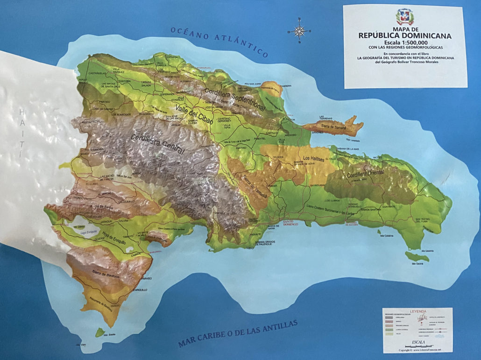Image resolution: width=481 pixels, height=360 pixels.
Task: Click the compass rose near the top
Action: click(299, 31)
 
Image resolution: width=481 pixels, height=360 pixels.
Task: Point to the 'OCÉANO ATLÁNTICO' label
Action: click(219, 40)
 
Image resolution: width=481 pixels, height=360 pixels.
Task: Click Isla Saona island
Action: click(417, 257)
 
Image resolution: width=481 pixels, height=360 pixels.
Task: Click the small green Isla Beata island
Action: click(99, 333)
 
